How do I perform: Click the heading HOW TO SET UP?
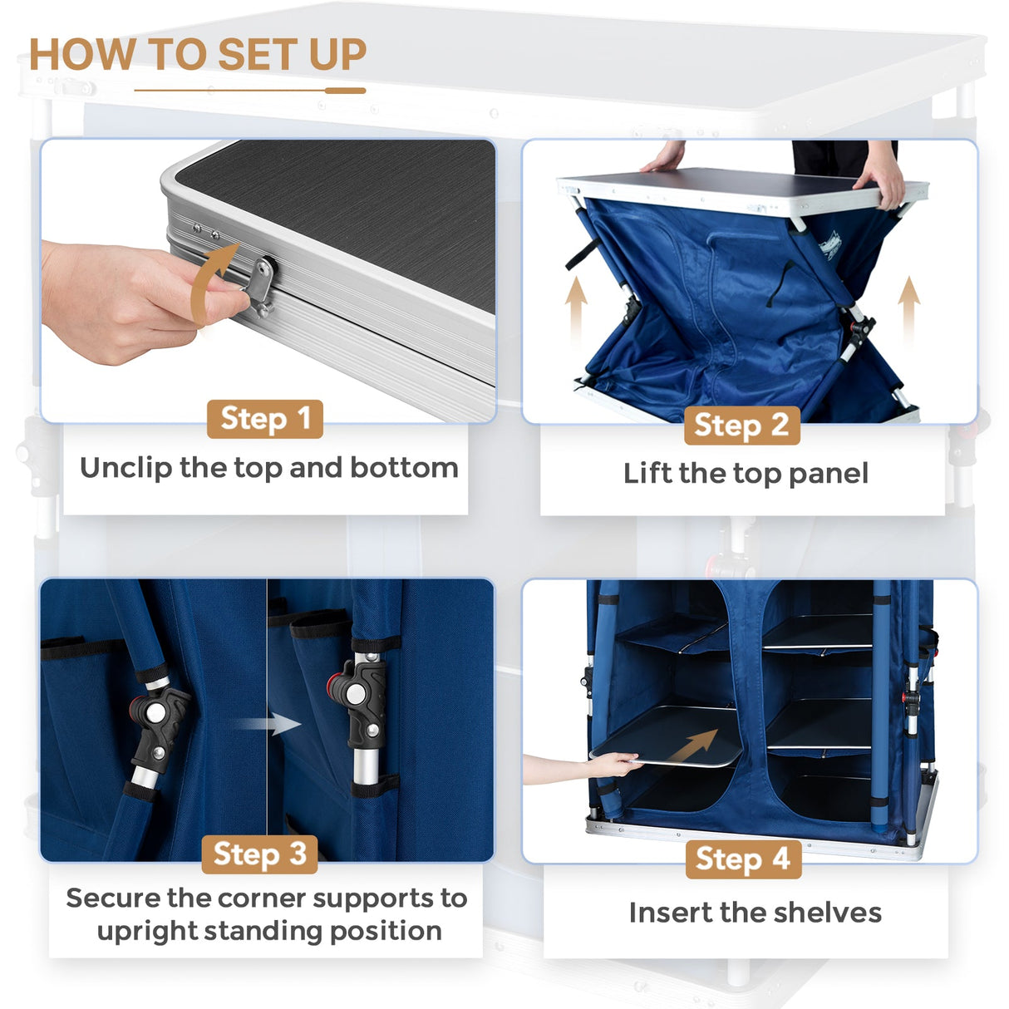[x=198, y=55]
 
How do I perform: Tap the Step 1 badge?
[x=265, y=419]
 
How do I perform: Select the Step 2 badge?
[x=741, y=425]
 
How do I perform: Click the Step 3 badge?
[x=259, y=854]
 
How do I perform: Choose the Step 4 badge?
[x=743, y=859]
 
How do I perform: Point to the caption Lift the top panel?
[x=746, y=474]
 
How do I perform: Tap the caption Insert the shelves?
[x=755, y=913]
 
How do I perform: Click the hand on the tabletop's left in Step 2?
[x=664, y=157]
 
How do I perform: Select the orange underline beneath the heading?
[x=249, y=91]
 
